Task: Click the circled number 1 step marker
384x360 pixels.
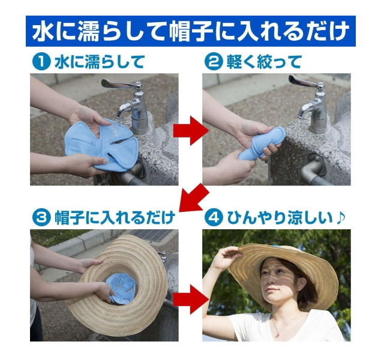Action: pyautogui.click(x=41, y=62)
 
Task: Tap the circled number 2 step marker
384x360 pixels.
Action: pyautogui.click(x=214, y=62)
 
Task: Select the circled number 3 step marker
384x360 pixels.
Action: pyautogui.click(x=41, y=218)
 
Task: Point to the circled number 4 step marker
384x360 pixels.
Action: pyautogui.click(x=214, y=218)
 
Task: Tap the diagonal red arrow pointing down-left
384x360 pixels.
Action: pyautogui.click(x=193, y=199)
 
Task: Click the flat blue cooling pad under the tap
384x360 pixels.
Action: pyautogui.click(x=100, y=145)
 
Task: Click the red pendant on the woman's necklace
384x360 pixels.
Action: pyautogui.click(x=277, y=335)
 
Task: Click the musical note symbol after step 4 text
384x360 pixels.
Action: pyautogui.click(x=340, y=217)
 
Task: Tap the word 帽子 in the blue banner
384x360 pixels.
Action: pyautogui.click(x=192, y=32)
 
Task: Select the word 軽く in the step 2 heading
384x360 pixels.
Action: pyautogui.click(x=241, y=62)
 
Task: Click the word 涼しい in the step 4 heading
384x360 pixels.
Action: pyautogui.click(x=310, y=218)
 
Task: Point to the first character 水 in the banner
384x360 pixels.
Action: pyautogui.click(x=43, y=32)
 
